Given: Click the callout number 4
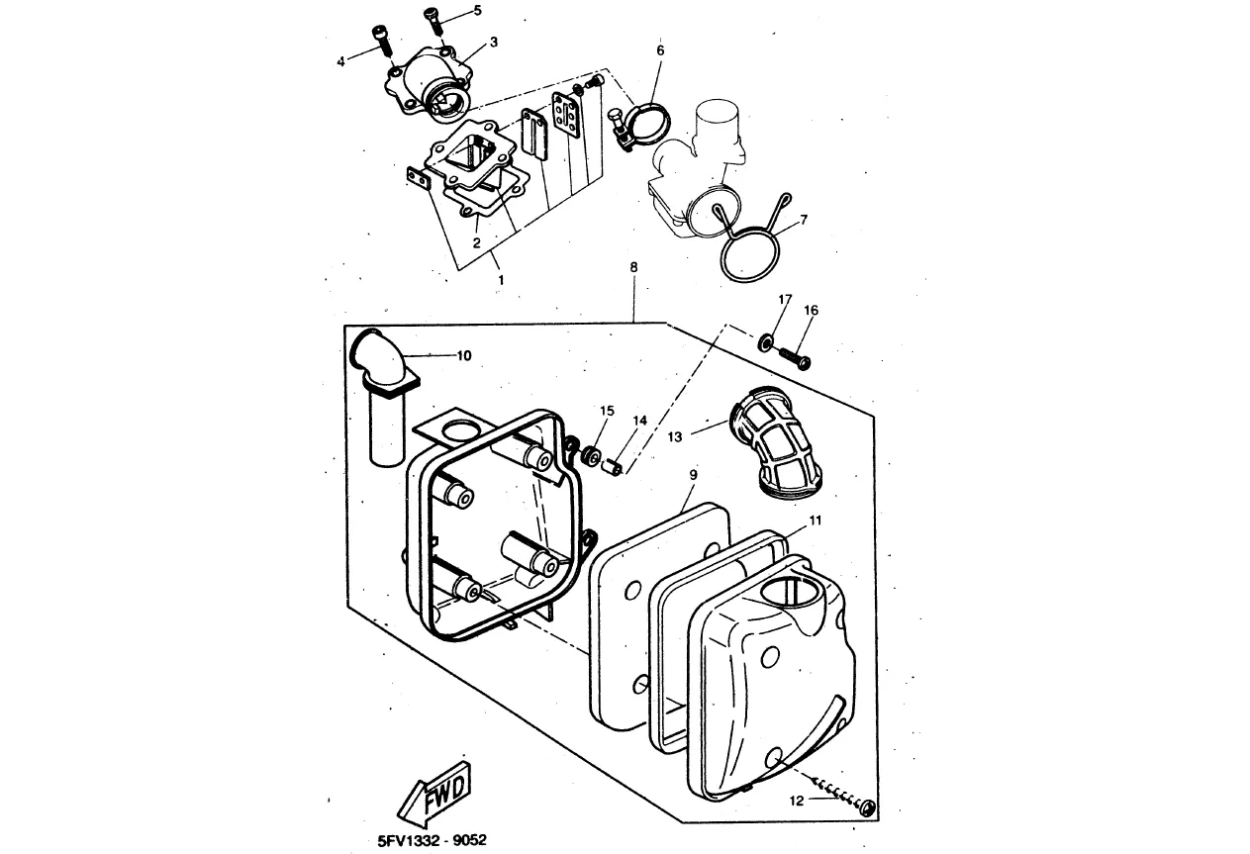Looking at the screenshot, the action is click(x=341, y=62).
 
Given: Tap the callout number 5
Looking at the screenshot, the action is click(x=478, y=11).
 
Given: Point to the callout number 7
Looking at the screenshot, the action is click(x=804, y=220).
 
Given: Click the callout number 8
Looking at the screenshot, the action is click(x=633, y=267).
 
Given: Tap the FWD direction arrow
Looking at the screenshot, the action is click(x=434, y=795).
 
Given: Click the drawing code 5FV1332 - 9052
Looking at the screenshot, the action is click(x=432, y=840).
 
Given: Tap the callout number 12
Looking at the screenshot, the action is click(x=797, y=801).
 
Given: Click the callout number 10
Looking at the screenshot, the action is click(x=464, y=355).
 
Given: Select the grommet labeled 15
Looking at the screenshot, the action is click(x=591, y=454).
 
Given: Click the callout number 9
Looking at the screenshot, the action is click(x=693, y=475).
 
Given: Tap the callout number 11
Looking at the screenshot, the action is click(x=816, y=521).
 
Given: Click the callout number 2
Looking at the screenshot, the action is click(x=477, y=242).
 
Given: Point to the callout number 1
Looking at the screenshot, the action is click(x=501, y=280).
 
